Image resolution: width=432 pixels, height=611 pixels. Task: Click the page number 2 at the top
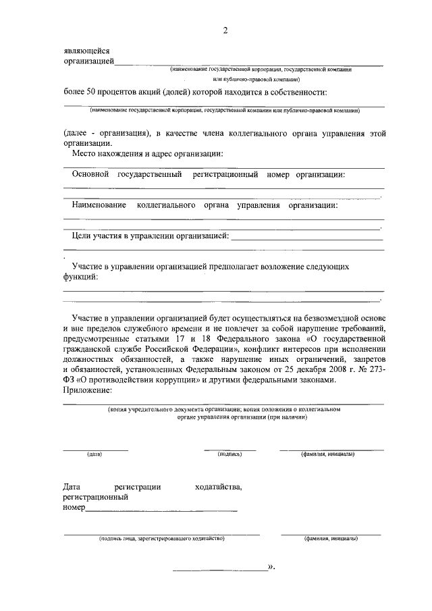(225, 30)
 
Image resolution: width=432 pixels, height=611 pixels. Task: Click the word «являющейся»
(86, 51)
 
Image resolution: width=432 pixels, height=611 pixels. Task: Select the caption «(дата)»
(94, 454)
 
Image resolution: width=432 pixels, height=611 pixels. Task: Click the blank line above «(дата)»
(95, 449)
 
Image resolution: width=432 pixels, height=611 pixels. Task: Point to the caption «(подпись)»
(230, 454)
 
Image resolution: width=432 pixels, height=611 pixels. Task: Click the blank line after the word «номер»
(161, 510)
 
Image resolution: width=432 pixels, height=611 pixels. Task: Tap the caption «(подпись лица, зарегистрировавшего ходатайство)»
(161, 539)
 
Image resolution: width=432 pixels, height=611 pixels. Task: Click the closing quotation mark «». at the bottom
(271, 567)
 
